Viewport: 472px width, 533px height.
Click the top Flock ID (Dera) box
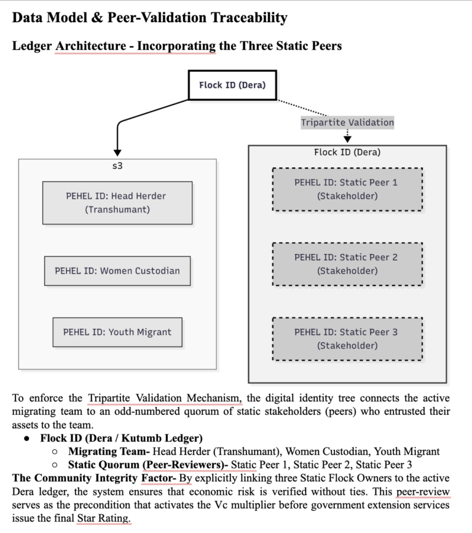(x=232, y=85)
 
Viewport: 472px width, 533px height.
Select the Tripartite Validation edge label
(x=347, y=122)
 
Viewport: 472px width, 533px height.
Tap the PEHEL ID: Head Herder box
(x=117, y=203)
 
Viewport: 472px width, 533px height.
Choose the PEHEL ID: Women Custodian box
(x=117, y=271)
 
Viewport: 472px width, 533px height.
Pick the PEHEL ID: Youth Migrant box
(x=117, y=332)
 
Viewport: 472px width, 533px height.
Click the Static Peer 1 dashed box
(x=347, y=189)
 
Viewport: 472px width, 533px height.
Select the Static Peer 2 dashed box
(x=347, y=264)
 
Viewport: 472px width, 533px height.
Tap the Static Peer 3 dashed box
(x=347, y=339)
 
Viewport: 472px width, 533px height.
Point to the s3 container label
(x=117, y=166)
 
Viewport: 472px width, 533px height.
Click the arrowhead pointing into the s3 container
(x=117, y=152)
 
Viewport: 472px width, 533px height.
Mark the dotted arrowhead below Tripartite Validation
(x=347, y=139)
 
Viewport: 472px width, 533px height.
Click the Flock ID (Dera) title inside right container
(x=347, y=152)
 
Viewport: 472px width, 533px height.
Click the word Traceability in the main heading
(x=249, y=18)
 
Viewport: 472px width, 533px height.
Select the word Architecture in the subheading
(x=91, y=46)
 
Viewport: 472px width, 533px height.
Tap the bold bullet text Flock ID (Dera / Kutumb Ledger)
(x=121, y=438)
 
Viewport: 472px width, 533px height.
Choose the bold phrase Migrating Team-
(x=109, y=451)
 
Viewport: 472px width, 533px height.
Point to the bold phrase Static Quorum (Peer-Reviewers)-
(x=148, y=465)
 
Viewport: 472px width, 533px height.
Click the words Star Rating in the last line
(x=104, y=518)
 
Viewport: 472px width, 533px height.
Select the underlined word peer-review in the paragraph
(x=423, y=492)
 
